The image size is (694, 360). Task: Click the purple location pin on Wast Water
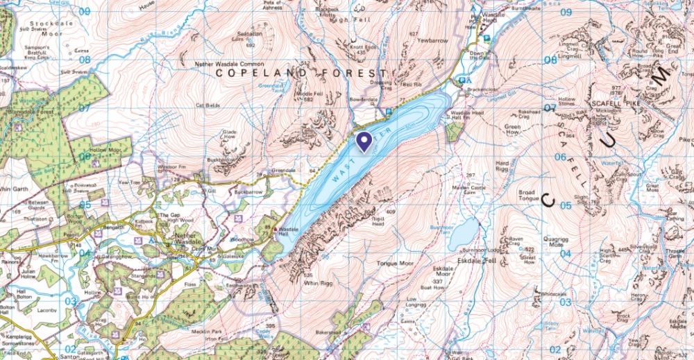pyautogui.click(x=364, y=142)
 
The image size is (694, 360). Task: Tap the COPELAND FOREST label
pyautogui.click(x=300, y=73)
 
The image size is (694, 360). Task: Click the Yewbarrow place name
pyautogui.click(x=432, y=41)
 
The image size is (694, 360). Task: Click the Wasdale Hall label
pyautogui.click(x=289, y=232)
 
